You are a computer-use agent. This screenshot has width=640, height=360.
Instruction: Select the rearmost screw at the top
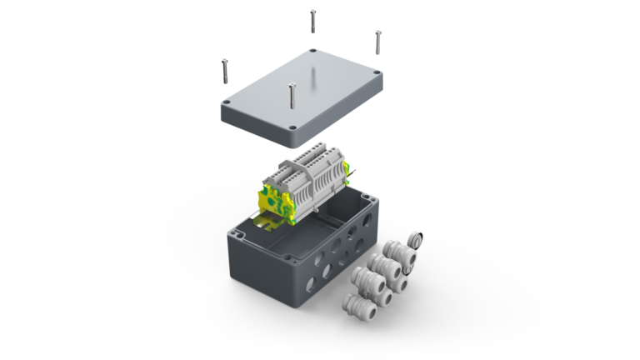[312, 21]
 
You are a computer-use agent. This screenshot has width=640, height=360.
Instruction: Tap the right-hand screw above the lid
[377, 42]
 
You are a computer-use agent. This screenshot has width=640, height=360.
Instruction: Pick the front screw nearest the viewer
[292, 94]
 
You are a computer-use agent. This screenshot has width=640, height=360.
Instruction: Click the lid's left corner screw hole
[226, 104]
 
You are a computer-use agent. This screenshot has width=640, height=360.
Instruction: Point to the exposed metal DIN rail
[266, 220]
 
